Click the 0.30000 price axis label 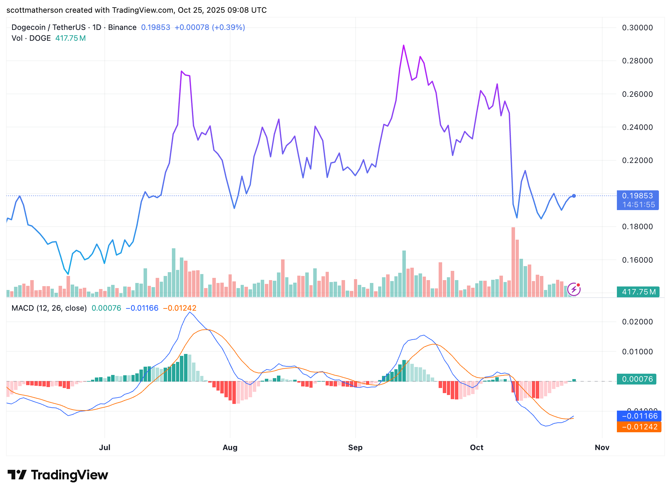637,28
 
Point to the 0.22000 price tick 637,160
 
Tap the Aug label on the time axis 230,447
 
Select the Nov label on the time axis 602,447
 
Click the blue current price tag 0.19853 637,196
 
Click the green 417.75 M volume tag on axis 638,292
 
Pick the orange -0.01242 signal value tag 639,427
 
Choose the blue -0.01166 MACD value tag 639,416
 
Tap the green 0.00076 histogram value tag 636,379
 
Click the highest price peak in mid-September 404,46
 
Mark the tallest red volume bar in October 513,261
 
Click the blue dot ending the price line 574,196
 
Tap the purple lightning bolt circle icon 574,289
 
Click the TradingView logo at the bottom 58,475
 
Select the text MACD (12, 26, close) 49,308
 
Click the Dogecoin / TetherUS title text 48,27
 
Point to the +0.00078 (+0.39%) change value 209,27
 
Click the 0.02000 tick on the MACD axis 637,322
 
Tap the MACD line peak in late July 190,312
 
